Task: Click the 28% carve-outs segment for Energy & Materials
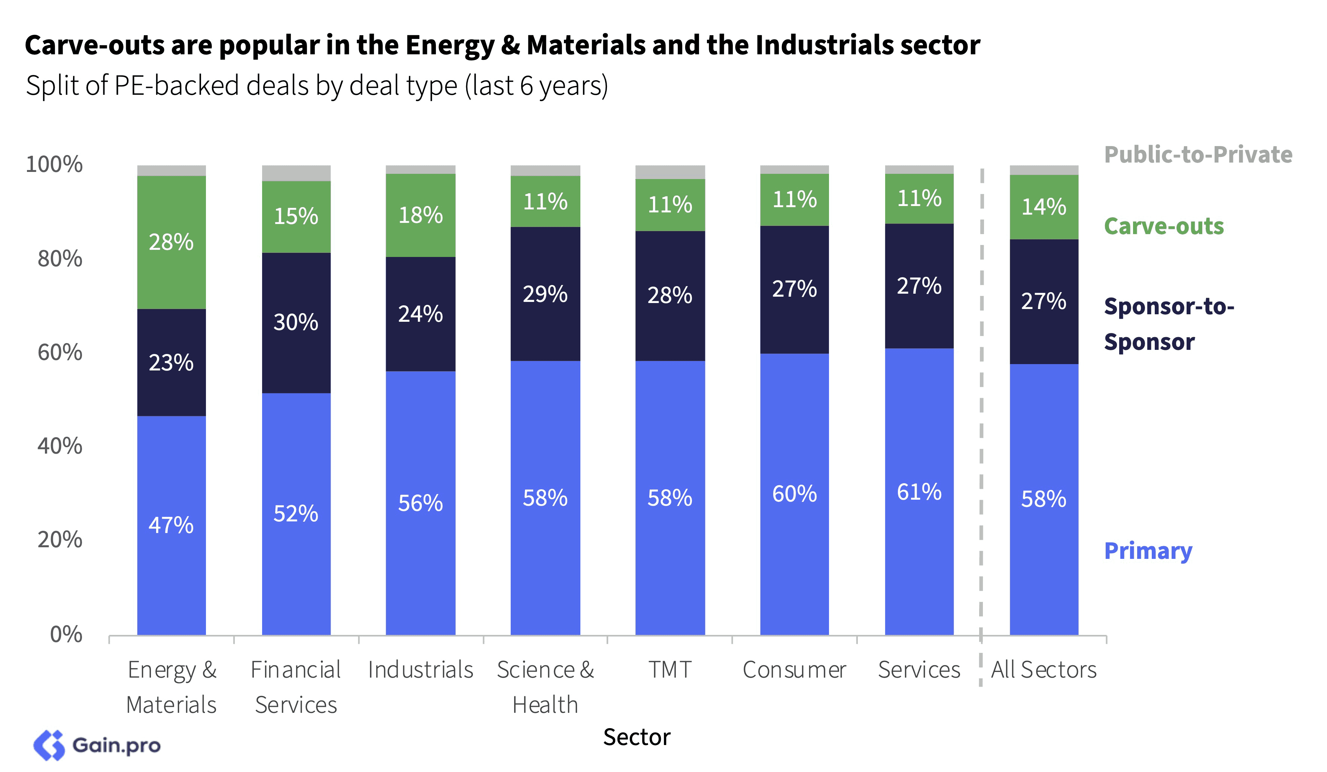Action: [x=171, y=242]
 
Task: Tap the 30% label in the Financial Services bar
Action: [x=296, y=322]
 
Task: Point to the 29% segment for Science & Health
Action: [x=545, y=294]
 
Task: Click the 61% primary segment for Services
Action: [x=919, y=492]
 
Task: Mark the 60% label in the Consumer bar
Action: [x=794, y=494]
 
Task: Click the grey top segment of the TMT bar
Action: [x=670, y=172]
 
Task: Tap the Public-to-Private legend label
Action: [x=1198, y=154]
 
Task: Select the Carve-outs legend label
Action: [x=1164, y=226]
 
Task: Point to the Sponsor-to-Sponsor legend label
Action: [x=1169, y=324]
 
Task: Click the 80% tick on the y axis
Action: [x=60, y=259]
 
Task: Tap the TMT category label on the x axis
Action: [x=670, y=670]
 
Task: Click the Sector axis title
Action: [x=637, y=737]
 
